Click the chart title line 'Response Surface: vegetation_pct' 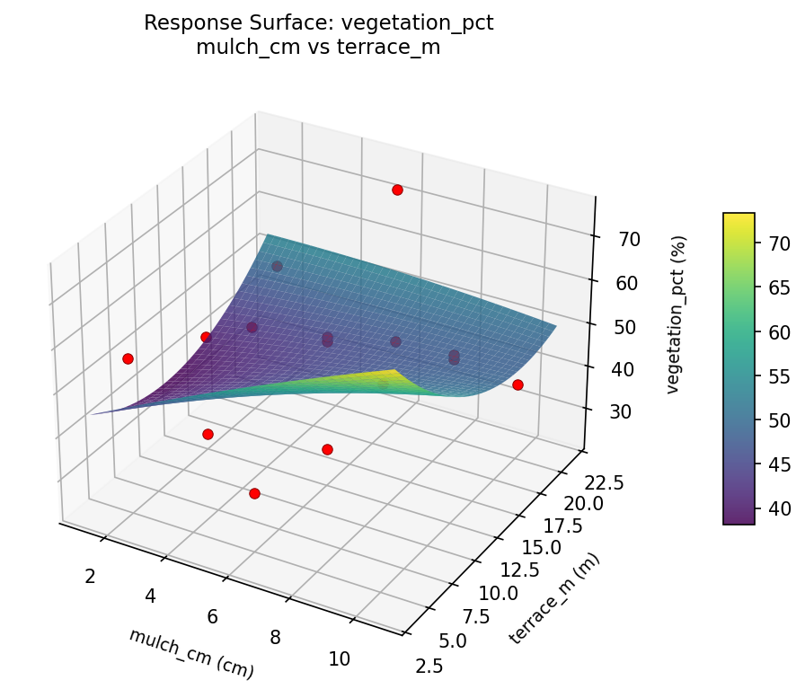[x=319, y=23]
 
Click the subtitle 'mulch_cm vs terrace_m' [x=319, y=48]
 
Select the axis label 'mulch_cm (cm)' [x=190, y=653]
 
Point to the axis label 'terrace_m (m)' [x=554, y=598]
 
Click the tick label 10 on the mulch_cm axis [x=339, y=659]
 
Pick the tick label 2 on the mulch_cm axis [x=90, y=576]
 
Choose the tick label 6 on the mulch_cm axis [x=213, y=617]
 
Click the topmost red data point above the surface [x=397, y=190]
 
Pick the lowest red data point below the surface [x=254, y=493]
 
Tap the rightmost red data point [x=517, y=384]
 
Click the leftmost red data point [x=128, y=358]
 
